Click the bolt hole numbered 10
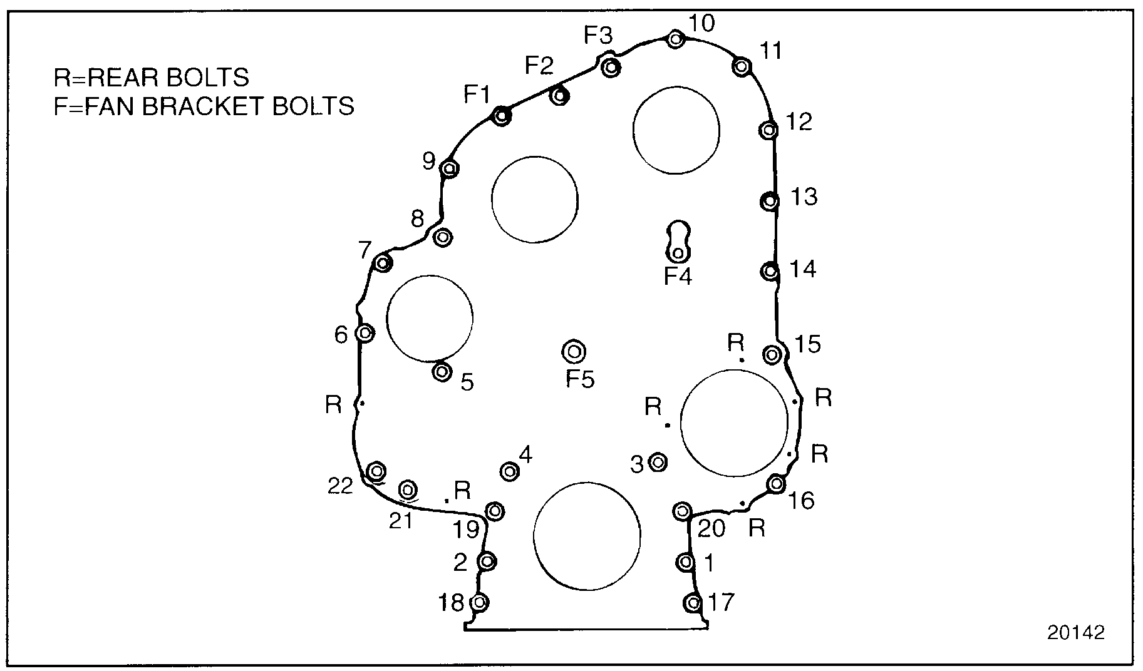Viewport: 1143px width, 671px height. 675,39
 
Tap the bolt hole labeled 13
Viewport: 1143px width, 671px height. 769,201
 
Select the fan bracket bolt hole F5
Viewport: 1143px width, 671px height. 574,352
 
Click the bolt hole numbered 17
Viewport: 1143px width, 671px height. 693,603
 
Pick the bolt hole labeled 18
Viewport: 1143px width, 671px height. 479,603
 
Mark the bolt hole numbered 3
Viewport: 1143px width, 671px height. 658,463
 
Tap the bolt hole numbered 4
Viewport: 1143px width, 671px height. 510,471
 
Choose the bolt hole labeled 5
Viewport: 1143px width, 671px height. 442,372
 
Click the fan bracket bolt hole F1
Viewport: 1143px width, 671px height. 501,116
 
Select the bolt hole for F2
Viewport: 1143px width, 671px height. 559,96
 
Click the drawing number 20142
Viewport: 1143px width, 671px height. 1076,633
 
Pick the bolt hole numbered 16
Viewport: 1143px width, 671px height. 776,483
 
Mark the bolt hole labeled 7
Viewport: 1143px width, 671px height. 383,263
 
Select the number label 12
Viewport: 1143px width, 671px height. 799,121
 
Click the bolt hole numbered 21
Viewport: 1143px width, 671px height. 408,489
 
